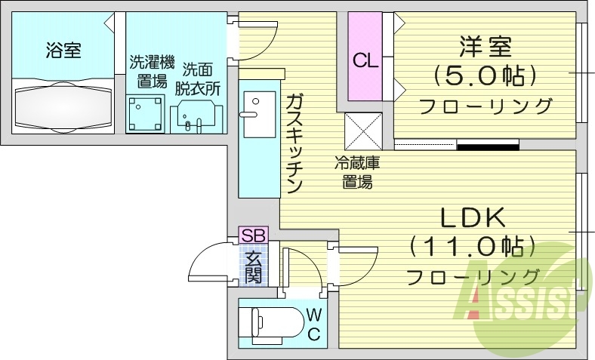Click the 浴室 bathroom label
click(x=63, y=51)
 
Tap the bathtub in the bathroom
click(x=63, y=108)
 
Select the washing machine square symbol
click(x=145, y=114)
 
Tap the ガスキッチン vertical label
click(x=294, y=143)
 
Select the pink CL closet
click(x=365, y=56)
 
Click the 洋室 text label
click(x=486, y=46)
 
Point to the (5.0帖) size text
click(x=486, y=76)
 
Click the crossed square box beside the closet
click(x=363, y=131)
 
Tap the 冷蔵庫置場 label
click(x=357, y=173)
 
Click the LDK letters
click(x=473, y=217)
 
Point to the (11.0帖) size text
click(x=473, y=247)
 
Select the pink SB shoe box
click(x=253, y=235)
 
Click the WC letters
click(x=313, y=325)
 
